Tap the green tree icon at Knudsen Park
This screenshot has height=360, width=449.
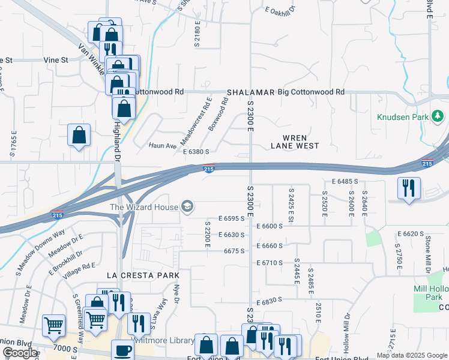click(x=438, y=115)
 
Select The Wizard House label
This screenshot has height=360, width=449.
click(x=144, y=208)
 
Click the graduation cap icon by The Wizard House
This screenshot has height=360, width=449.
click(x=188, y=207)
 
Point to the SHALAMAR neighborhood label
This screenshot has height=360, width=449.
click(x=250, y=92)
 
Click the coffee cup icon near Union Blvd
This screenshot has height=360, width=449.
click(x=123, y=350)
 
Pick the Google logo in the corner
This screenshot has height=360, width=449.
click(x=20, y=353)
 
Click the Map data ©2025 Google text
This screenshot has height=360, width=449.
click(x=411, y=355)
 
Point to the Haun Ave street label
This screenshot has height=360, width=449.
click(x=163, y=145)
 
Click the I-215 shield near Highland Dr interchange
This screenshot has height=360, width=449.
click(x=58, y=214)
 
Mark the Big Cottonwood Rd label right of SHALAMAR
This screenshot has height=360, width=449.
click(x=311, y=92)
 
